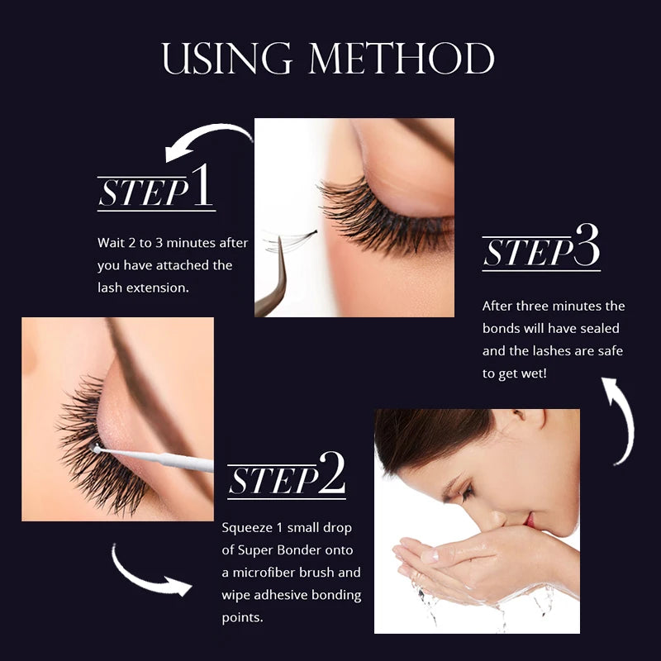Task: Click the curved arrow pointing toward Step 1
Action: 207,140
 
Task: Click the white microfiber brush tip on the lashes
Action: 97,449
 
